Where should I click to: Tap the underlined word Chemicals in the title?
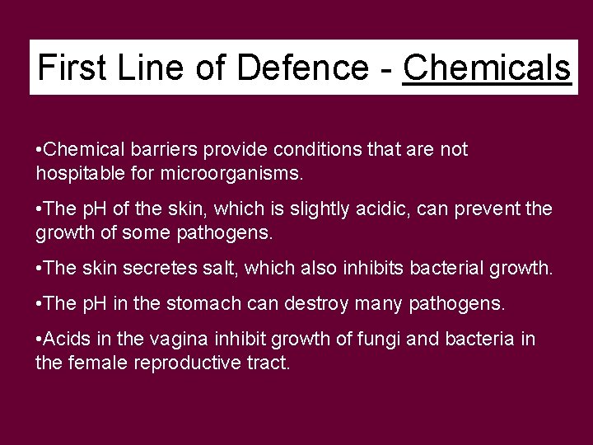487,67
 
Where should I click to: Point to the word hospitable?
79,173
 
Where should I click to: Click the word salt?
208,269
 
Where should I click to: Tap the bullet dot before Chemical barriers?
40,150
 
